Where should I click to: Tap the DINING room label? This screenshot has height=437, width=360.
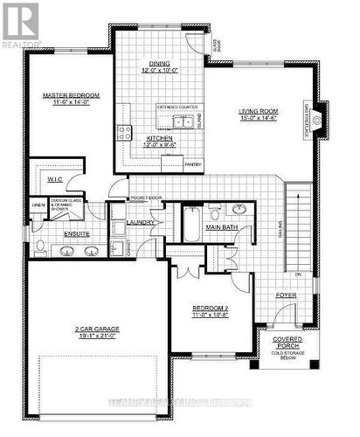pyautogui.click(x=159, y=64)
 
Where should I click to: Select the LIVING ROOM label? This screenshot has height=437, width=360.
pyautogui.click(x=260, y=112)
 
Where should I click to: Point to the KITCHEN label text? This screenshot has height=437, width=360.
pyautogui.click(x=159, y=138)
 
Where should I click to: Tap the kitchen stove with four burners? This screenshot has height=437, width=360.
pyautogui.click(x=124, y=133)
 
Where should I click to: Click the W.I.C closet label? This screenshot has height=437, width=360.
pyautogui.click(x=54, y=178)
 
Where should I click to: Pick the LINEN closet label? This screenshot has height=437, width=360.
pyautogui.click(x=38, y=206)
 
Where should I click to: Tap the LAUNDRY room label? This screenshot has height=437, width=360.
pyautogui.click(x=141, y=223)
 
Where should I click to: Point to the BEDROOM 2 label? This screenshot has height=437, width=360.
pyautogui.click(x=210, y=309)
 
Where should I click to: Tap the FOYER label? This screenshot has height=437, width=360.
pyautogui.click(x=286, y=295)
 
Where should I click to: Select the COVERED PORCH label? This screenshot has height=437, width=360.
pyautogui.click(x=286, y=341)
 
